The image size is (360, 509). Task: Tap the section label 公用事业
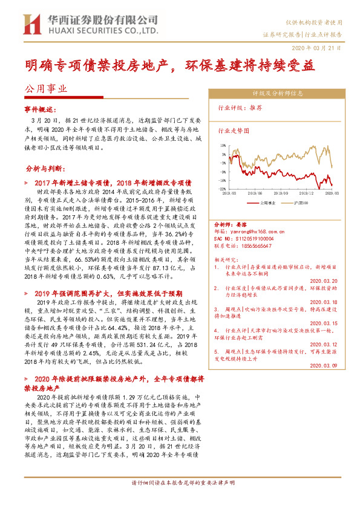coord(45,88)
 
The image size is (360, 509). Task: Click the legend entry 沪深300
coord(303,203)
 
